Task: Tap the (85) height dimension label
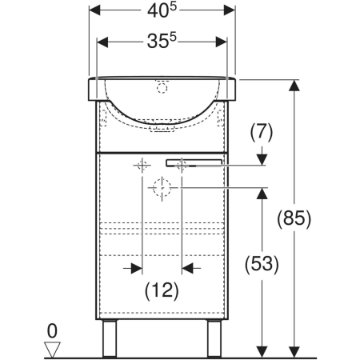pyautogui.click(x=294, y=218)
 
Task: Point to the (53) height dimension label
pyautogui.click(x=262, y=264)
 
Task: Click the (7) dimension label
pyautogui.click(x=262, y=133)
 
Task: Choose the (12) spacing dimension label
pyautogui.click(x=162, y=290)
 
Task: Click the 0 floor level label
pyautogui.click(x=52, y=331)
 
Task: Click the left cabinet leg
pyautogui.click(x=110, y=338)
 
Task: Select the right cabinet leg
pyautogui.click(x=214, y=338)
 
